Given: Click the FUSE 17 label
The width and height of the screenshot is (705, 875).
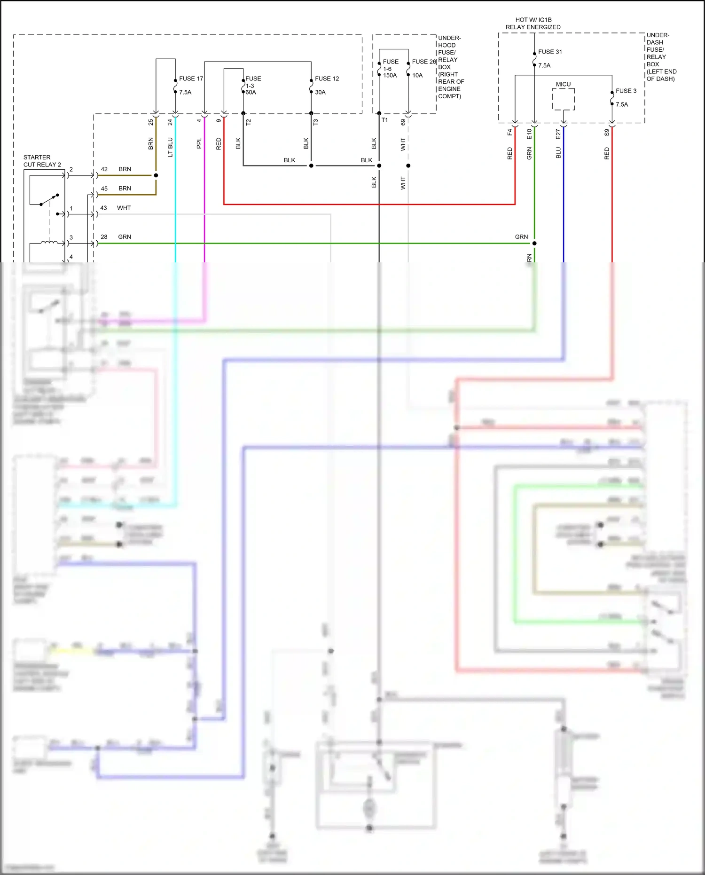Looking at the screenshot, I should (191, 79).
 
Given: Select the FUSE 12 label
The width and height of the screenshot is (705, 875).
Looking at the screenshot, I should (327, 79).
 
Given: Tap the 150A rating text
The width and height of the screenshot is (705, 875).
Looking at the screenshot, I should (390, 75).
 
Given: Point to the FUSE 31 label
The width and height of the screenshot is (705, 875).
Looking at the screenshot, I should (550, 52).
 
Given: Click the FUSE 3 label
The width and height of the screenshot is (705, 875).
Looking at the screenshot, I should (626, 91).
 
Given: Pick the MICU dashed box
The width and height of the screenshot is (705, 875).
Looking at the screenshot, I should (563, 99).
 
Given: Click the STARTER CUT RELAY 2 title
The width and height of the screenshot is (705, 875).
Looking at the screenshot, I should (42, 161).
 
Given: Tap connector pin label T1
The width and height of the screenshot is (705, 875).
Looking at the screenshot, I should (384, 120).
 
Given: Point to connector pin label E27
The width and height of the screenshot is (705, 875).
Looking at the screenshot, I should (558, 134).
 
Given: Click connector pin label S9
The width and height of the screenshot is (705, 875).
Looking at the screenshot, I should (607, 133).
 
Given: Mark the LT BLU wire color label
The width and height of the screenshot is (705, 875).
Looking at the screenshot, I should (170, 147).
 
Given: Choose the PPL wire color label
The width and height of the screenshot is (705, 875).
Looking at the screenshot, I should (199, 143).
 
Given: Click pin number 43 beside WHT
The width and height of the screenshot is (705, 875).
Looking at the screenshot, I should (103, 208).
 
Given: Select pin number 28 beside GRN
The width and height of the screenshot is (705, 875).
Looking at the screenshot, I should (104, 237).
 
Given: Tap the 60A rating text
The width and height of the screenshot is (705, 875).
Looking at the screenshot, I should (251, 93).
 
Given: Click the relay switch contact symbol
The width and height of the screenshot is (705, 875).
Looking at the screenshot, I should (49, 200).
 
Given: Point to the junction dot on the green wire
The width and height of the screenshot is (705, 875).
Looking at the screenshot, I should (534, 244).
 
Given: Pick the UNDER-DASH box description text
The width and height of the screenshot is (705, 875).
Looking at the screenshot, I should (661, 57).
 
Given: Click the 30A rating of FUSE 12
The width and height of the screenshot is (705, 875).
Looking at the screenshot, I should (320, 93).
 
